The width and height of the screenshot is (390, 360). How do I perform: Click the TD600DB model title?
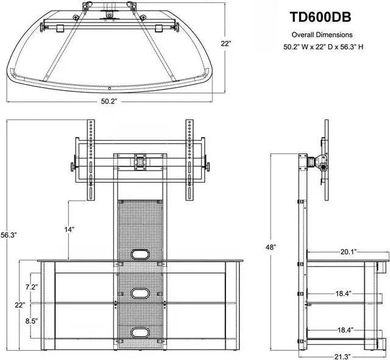[x=321, y=17]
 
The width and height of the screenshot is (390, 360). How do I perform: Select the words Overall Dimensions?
[x=322, y=35]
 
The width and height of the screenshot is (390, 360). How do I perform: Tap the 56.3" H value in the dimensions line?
[x=352, y=47]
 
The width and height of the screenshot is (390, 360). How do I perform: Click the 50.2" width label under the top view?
[x=109, y=101]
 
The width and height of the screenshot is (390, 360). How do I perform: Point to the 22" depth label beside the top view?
[x=226, y=43]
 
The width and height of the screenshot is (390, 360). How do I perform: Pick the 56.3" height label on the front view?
[x=8, y=235]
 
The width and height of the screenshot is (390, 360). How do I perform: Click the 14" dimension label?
[x=69, y=229]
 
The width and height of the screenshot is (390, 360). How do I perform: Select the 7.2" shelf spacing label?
[x=32, y=287]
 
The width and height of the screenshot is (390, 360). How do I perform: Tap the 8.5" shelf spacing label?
[x=32, y=321]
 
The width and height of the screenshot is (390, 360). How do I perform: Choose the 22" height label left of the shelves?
[x=20, y=305]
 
